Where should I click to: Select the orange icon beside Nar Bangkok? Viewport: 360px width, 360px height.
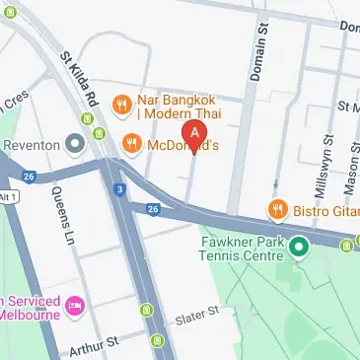point(122,101)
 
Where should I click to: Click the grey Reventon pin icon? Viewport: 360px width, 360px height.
point(76,145)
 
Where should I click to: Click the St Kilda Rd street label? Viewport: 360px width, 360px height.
point(83,79)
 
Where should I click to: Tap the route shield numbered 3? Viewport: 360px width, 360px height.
point(119,189)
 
